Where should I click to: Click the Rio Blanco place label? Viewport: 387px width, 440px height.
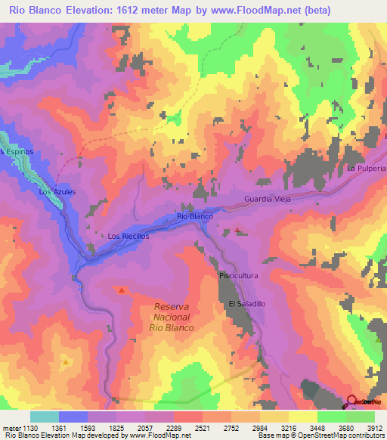coord(194,216)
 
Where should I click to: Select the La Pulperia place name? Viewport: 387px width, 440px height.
coord(367,168)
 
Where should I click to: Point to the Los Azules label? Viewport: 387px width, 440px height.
coord(57,192)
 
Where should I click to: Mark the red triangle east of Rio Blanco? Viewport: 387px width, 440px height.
coord(238,229)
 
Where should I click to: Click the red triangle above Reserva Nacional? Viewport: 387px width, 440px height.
coord(122,289)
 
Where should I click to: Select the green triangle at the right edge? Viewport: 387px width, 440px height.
coord(378,339)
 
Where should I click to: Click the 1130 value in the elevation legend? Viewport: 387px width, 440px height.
coord(29,427)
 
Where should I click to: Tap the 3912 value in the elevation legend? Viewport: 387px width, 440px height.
coord(373,427)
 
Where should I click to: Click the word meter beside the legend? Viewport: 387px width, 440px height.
coord(11,427)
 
